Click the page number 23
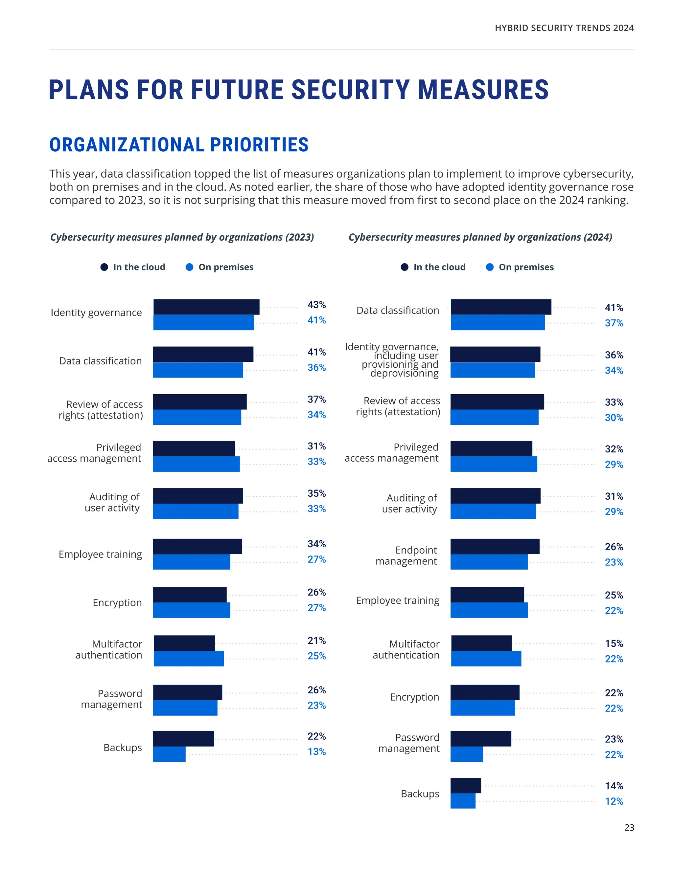629,827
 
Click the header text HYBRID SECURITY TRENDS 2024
564,28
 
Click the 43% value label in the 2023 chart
316,305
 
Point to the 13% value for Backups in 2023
316,752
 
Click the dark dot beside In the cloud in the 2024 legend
404,267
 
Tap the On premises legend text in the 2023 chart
226,267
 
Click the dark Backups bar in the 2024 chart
465,785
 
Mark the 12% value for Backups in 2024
614,801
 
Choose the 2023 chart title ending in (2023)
182,237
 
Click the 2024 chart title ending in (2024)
480,237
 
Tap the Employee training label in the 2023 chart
100,555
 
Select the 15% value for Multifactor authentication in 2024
614,643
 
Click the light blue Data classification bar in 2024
497,323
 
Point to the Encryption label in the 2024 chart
414,697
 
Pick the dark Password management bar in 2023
187,692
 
